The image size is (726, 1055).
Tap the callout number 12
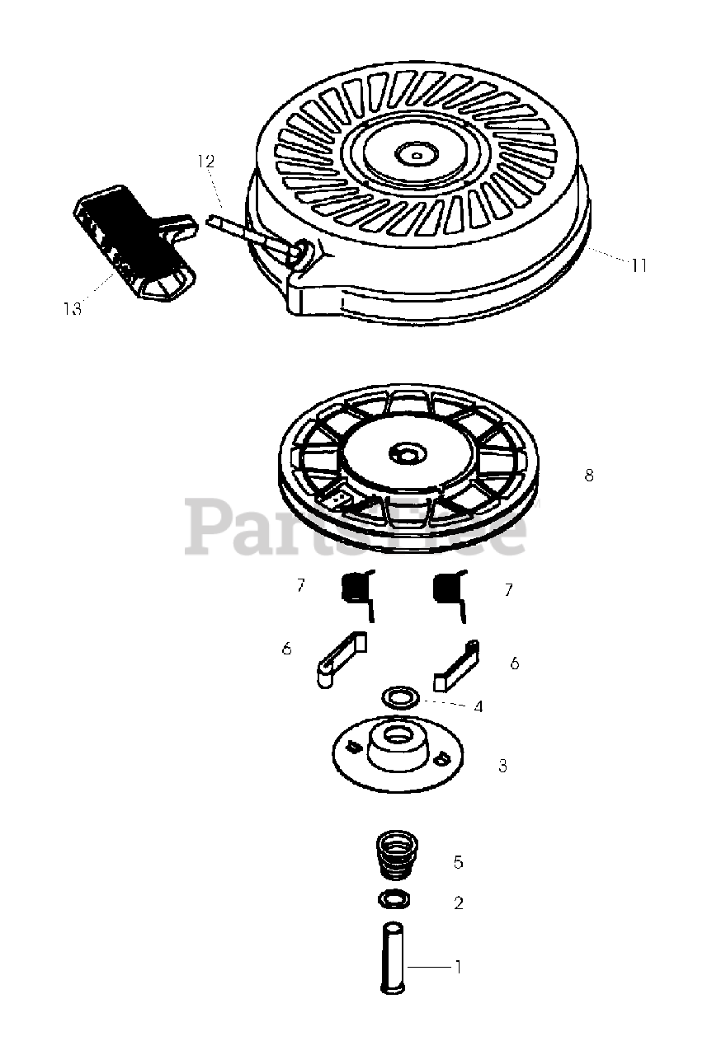coord(205,162)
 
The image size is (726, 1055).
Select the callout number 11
coord(639,265)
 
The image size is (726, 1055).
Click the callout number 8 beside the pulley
coord(588,476)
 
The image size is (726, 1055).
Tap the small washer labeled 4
coord(401,696)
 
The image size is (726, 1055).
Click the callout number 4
coord(478,706)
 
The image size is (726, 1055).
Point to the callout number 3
coord(502,767)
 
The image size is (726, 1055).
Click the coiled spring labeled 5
coord(399,857)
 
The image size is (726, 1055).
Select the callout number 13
coord(72,308)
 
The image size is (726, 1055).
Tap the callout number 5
coord(458,862)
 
